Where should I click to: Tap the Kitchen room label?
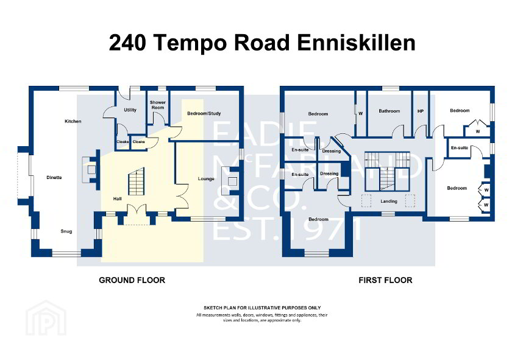[x=73, y=121]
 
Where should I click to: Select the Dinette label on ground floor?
[x=54, y=177]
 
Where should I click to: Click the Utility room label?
[x=130, y=110]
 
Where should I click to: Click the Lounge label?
[x=205, y=178]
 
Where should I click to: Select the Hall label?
[x=118, y=199]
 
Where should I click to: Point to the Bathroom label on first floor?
[x=389, y=111]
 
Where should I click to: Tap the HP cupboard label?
[x=420, y=111]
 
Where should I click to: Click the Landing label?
[x=388, y=201]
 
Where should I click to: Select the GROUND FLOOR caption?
[x=132, y=280]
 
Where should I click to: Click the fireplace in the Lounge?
[x=232, y=181]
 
